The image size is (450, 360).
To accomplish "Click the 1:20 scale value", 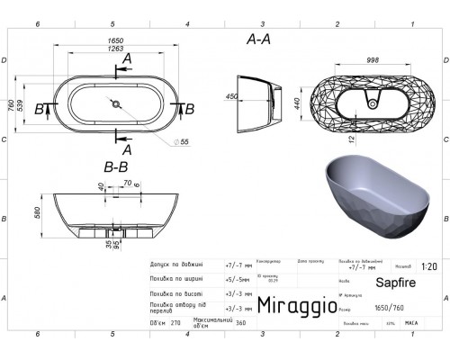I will [x=431, y=266].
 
